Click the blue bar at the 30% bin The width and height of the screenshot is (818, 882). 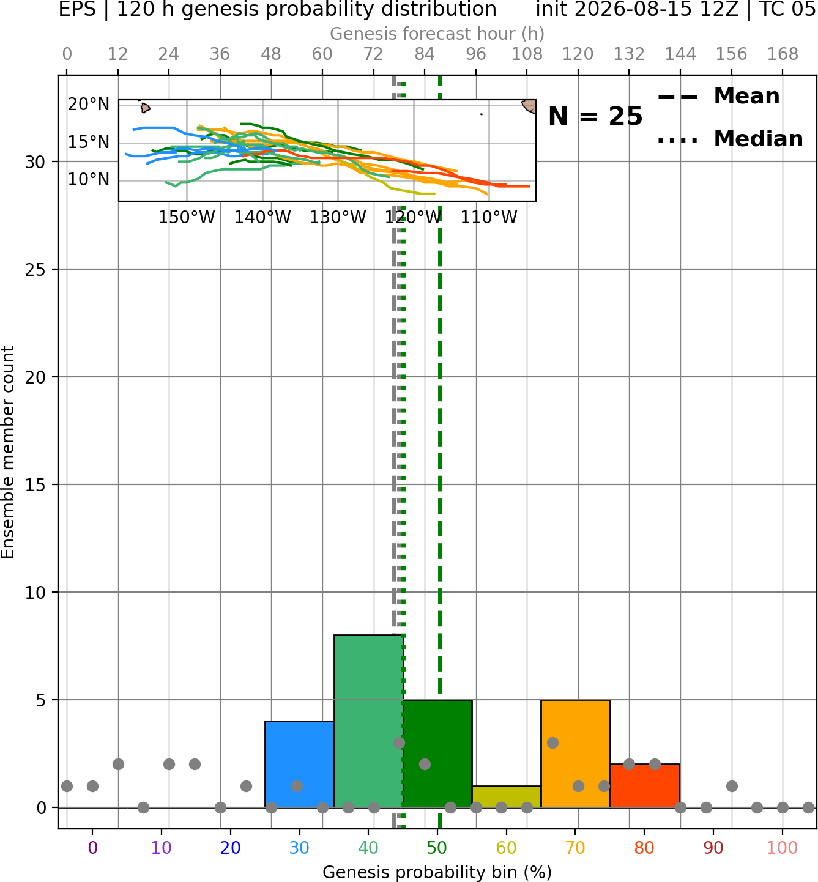tap(299, 764)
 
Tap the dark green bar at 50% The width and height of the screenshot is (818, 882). tap(437, 754)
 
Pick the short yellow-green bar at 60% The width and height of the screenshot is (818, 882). tap(507, 797)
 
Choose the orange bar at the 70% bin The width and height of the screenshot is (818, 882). tap(575, 754)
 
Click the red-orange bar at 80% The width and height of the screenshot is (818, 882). tap(645, 785)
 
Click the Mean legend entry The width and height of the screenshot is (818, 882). tap(718, 97)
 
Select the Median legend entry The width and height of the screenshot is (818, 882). tap(730, 139)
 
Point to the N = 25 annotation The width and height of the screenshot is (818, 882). tap(595, 116)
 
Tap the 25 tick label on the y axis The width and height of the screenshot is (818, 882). tap(35, 270)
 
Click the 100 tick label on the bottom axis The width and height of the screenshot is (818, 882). tap(783, 848)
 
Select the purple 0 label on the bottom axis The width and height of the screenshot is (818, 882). tap(92, 848)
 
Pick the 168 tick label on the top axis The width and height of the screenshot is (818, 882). tap(783, 54)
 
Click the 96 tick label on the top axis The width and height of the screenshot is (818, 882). tap(476, 54)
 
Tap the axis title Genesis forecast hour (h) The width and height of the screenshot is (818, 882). tap(437, 34)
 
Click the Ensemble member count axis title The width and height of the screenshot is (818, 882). tap(8, 452)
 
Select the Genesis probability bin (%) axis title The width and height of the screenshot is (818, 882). tap(437, 872)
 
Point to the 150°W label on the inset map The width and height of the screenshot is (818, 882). tap(187, 218)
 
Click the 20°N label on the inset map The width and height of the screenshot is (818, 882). tap(89, 105)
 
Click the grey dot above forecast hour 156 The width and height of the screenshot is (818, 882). tap(732, 786)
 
